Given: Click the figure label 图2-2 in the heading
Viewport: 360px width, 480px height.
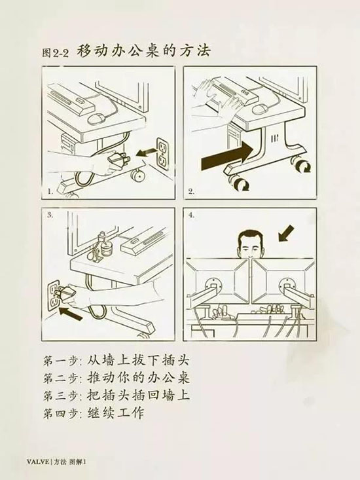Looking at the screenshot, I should [56, 53].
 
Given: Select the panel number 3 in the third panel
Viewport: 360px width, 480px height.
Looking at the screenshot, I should [50, 215].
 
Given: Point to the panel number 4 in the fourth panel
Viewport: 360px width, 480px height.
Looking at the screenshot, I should [192, 215].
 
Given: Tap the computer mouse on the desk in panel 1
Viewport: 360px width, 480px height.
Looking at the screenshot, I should [96, 119].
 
